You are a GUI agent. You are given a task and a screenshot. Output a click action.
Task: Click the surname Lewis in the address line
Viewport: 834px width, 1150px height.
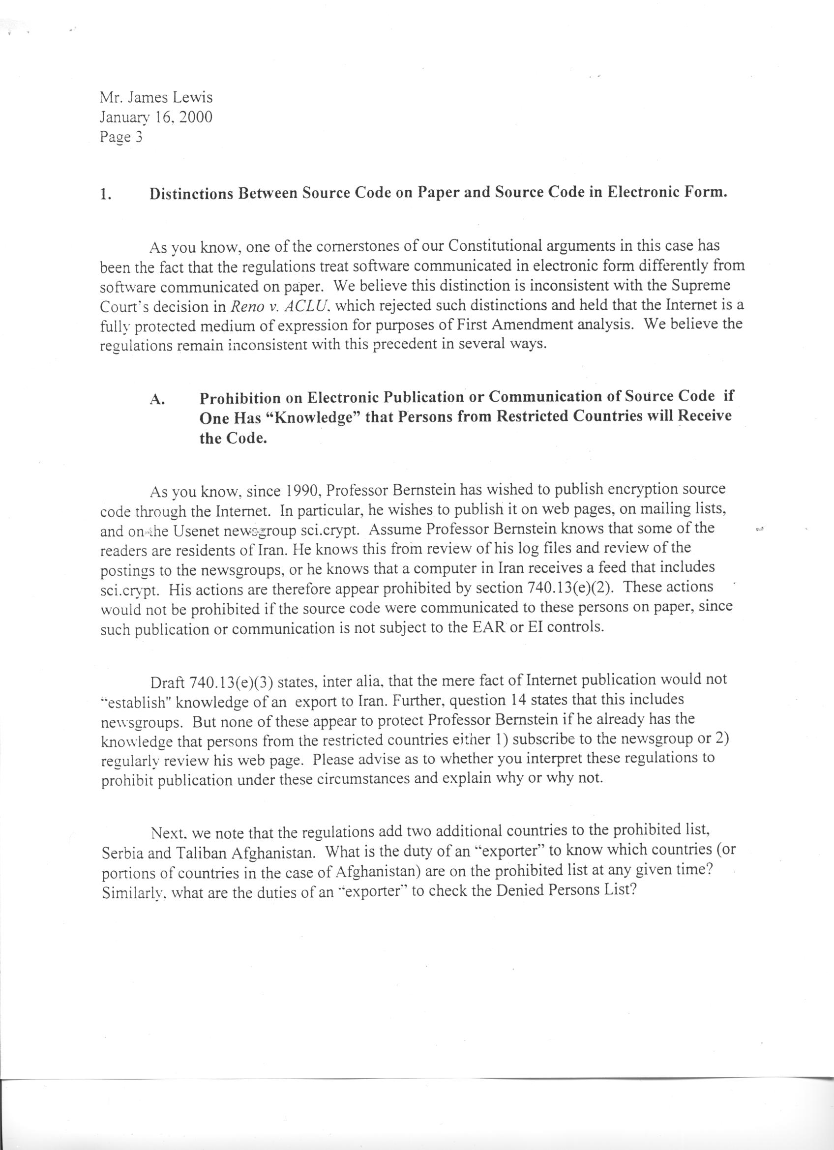192,97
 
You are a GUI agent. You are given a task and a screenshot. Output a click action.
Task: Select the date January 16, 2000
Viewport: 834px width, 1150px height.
156,118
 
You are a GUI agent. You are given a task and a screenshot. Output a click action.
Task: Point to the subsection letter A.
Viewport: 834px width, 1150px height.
157,399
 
